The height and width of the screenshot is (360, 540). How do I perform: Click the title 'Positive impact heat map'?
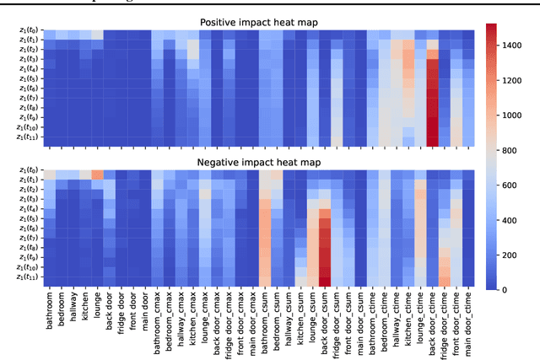click(x=257, y=21)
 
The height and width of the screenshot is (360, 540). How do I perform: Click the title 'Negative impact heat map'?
click(x=257, y=161)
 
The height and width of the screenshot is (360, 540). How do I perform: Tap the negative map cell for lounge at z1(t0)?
click(x=97, y=175)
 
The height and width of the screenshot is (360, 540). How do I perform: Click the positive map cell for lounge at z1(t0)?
click(x=97, y=35)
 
